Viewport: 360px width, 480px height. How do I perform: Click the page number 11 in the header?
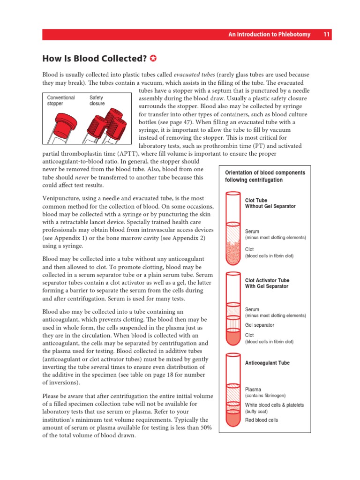pos(327,35)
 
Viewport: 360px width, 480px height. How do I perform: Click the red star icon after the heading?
pos(153,59)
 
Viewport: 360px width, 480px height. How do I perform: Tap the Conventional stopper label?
pos(61,101)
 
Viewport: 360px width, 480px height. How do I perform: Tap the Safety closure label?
pos(97,101)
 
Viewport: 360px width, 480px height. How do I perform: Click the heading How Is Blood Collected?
pos(94,59)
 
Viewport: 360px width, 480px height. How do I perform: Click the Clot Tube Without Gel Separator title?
pos(270,203)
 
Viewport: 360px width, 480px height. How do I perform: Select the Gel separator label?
pos(259,325)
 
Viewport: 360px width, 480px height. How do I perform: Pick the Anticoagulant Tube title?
pos(267,363)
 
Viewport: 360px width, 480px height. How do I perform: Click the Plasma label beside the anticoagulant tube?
pos(254,389)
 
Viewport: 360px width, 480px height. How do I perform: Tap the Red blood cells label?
pos(261,420)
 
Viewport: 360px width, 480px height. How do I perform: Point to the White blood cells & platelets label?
pos(274,405)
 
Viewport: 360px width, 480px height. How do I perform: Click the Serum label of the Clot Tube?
pos(252,232)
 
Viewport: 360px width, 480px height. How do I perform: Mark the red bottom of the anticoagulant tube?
pos(233,419)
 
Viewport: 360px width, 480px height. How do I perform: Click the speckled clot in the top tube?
pos(233,253)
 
